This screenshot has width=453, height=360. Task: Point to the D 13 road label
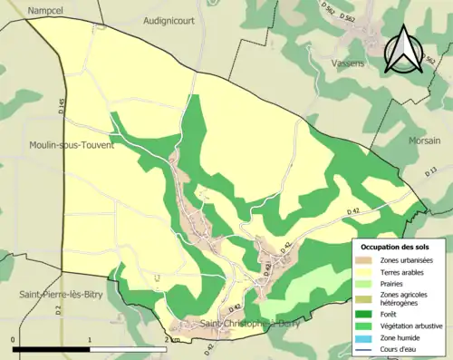(431, 172)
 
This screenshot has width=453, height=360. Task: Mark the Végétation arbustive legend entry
(411, 324)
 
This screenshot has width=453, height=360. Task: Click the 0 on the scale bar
(13, 338)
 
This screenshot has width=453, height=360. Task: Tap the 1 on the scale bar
(90, 338)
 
